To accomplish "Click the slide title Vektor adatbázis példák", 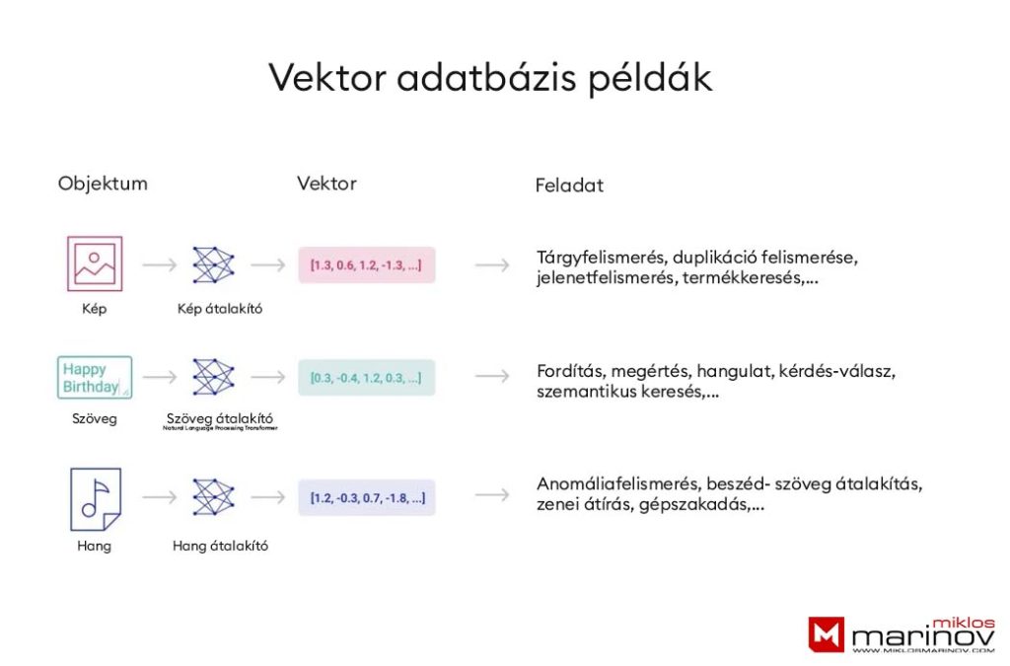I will pyautogui.click(x=490, y=78).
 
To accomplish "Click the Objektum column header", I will pyautogui.click(x=103, y=184).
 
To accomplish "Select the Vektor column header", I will pyautogui.click(x=326, y=184).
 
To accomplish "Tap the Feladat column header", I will pyautogui.click(x=569, y=185).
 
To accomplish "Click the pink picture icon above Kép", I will pyautogui.click(x=95, y=263).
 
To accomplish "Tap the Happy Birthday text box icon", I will pyautogui.click(x=95, y=377).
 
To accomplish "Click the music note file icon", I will pyautogui.click(x=95, y=499).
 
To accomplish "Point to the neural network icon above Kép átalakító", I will pyautogui.click(x=213, y=264).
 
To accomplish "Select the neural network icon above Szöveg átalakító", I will pyautogui.click(x=213, y=377).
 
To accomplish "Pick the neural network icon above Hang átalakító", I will pyautogui.click(x=213, y=497).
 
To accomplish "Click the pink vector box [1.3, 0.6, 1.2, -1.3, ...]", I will pyautogui.click(x=366, y=264).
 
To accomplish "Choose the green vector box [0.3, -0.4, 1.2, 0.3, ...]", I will pyautogui.click(x=366, y=377).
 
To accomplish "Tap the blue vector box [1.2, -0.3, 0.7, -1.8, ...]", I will pyautogui.click(x=366, y=497).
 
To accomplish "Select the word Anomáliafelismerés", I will pyautogui.click(x=618, y=484).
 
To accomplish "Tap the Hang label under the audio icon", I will pyautogui.click(x=95, y=546).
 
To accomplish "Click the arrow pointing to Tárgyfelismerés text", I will pyautogui.click(x=492, y=264).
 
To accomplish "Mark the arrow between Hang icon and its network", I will pyautogui.click(x=159, y=496).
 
